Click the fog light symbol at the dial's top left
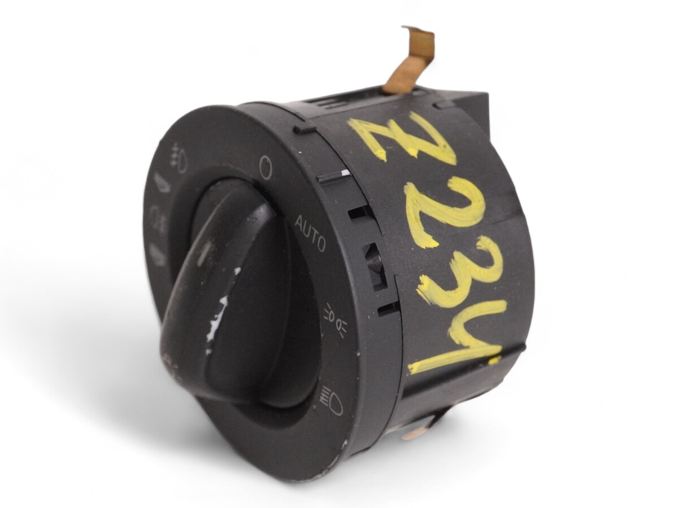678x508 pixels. [178, 158]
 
